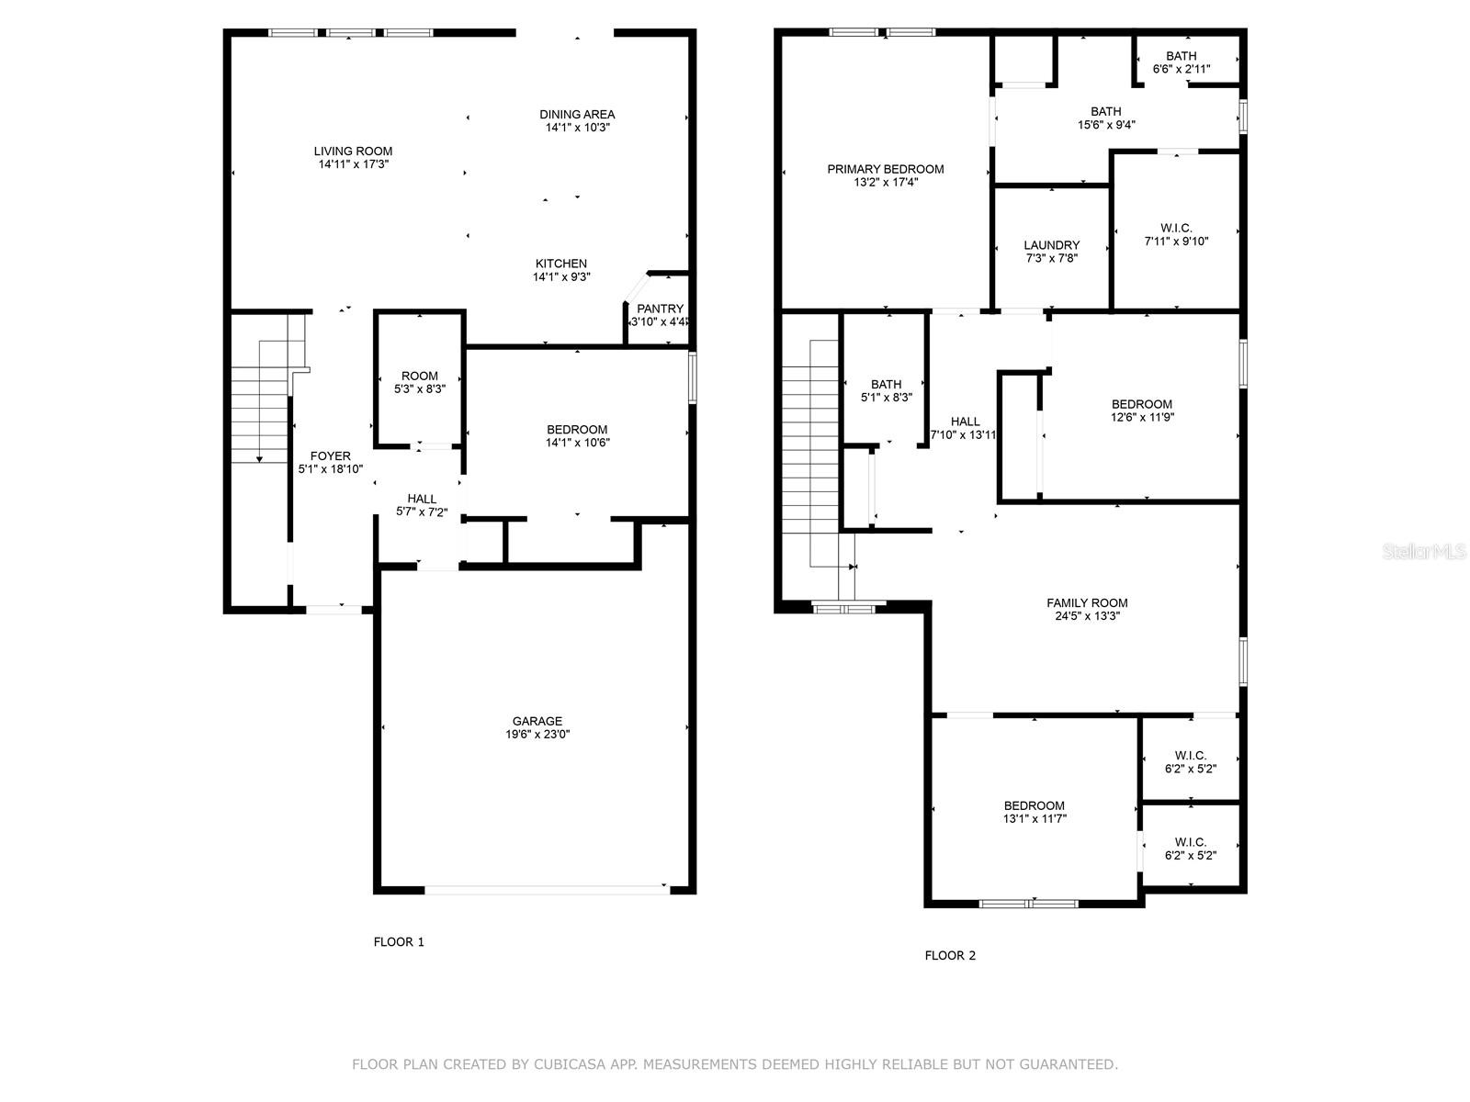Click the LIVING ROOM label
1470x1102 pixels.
click(353, 152)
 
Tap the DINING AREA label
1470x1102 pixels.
click(577, 115)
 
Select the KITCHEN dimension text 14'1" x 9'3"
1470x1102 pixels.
click(561, 277)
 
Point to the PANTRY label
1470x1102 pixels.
click(660, 309)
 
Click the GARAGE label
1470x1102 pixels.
click(537, 721)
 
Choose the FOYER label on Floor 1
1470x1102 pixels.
click(330, 455)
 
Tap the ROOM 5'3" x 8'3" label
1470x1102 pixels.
click(419, 382)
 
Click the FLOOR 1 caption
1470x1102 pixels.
click(399, 941)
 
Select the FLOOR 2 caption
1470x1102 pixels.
click(950, 955)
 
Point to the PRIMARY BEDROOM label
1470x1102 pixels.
click(886, 169)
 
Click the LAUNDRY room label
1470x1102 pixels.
click(1051, 245)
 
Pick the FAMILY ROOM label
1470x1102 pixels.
click(1087, 602)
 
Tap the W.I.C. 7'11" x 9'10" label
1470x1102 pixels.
click(1176, 235)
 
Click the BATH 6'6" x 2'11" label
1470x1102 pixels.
click(1181, 62)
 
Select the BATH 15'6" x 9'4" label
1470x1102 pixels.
click(1105, 118)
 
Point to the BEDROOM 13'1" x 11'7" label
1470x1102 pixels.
click(1034, 813)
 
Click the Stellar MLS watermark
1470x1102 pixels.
click(1424, 551)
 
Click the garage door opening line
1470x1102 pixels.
click(548, 890)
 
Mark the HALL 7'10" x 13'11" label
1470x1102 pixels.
click(964, 428)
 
